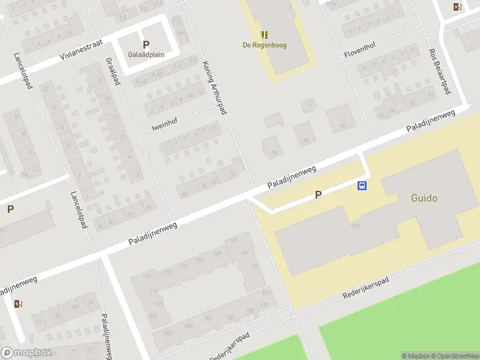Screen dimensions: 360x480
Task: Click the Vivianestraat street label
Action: [82, 50]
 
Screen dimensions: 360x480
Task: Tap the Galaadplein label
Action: [146, 54]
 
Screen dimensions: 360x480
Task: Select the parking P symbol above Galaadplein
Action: [146, 44]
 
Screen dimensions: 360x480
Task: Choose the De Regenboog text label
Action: [264, 44]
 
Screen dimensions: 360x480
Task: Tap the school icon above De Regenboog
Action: [264, 35]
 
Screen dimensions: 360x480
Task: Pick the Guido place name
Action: [424, 197]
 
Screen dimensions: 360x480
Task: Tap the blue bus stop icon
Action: [362, 185]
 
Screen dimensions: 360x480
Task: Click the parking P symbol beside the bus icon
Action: [318, 194]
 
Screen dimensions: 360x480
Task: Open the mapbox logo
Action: [26, 353]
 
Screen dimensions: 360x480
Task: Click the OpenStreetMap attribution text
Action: [454, 356]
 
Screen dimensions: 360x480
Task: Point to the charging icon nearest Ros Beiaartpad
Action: [458, 7]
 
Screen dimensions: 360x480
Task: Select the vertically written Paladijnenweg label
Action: [106, 336]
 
